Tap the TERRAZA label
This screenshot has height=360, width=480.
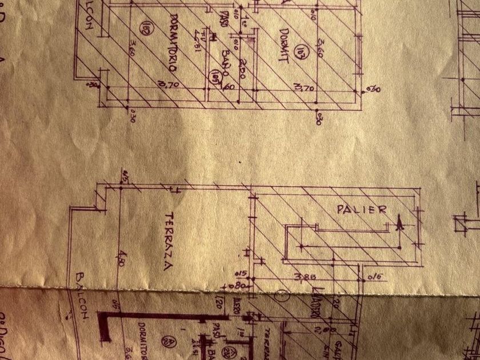169,241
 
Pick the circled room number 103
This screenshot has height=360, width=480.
299,57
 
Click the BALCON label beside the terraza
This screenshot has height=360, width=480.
78,297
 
